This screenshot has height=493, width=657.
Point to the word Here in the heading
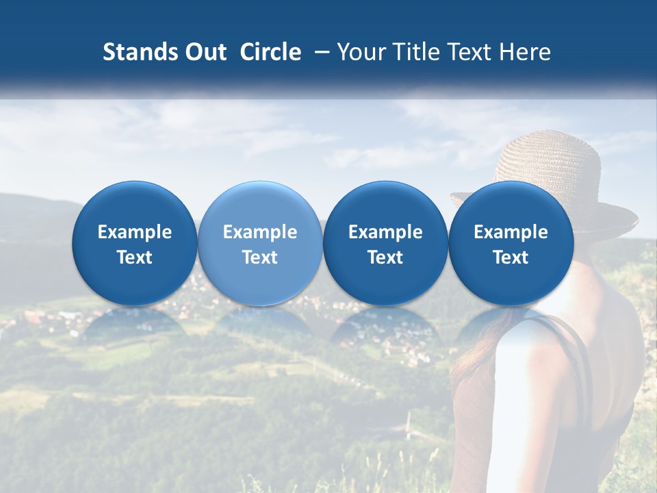pyautogui.click(x=525, y=52)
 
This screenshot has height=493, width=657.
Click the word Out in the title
pyautogui.click(x=204, y=52)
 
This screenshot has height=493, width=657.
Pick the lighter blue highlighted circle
pyautogui.click(x=260, y=243)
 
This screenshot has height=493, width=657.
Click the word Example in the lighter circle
pyautogui.click(x=260, y=232)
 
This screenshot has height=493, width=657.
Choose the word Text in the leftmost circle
pyautogui.click(x=135, y=257)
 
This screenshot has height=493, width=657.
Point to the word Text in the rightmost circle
pyautogui.click(x=511, y=257)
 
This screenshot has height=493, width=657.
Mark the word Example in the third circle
pyautogui.click(x=385, y=232)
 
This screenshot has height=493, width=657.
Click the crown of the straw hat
pyautogui.click(x=547, y=161)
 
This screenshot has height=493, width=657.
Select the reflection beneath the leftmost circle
pyautogui.click(x=135, y=322)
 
